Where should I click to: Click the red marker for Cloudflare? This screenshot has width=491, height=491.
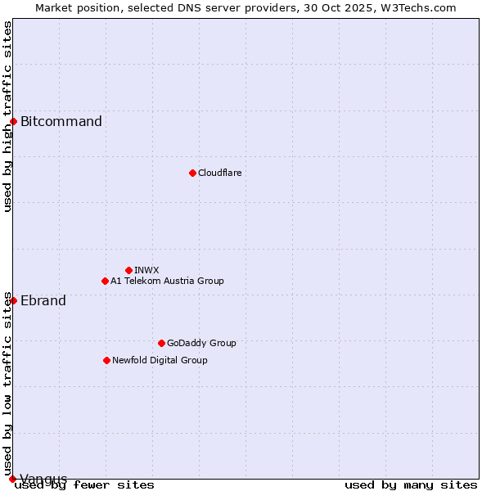(x=192, y=173)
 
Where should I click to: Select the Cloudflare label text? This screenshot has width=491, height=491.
(x=220, y=173)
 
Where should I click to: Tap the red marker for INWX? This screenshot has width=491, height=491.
(x=128, y=270)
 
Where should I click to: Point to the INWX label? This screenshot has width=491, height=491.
(x=146, y=270)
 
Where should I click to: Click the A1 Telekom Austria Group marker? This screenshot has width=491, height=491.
(x=105, y=281)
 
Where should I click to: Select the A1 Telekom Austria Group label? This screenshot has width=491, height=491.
(x=167, y=281)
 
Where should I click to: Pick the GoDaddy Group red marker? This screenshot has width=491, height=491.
(x=161, y=343)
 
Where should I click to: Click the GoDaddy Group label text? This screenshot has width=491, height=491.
(x=201, y=343)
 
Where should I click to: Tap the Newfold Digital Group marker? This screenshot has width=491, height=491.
(x=106, y=360)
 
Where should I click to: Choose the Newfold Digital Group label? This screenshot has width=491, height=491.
(x=160, y=360)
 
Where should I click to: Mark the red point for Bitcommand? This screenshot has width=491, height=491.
(x=13, y=121)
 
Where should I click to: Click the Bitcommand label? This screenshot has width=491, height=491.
(x=61, y=122)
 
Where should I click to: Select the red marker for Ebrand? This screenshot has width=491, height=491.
(x=13, y=300)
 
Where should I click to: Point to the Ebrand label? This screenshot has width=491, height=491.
(x=43, y=301)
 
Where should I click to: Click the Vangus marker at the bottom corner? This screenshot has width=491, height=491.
(x=12, y=479)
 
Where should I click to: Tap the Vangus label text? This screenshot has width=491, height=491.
(x=43, y=479)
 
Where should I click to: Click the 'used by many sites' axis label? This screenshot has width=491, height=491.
(x=411, y=485)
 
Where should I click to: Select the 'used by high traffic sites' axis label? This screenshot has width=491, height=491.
(x=8, y=116)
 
